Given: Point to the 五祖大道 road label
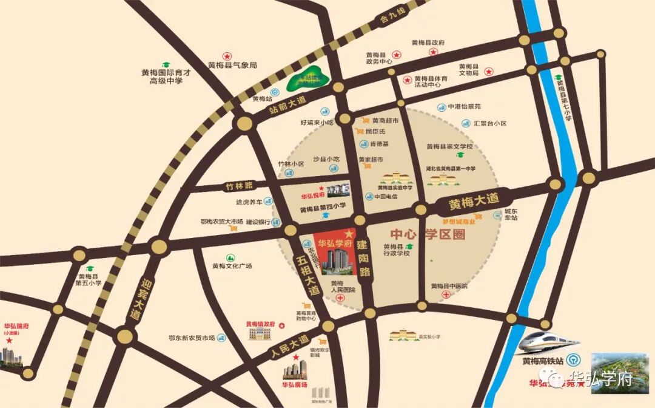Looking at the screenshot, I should point(307,274).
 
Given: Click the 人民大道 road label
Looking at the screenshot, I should point(289,346).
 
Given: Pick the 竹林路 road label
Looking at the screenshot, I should point(238,185).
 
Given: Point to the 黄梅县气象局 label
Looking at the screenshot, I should point(233,65).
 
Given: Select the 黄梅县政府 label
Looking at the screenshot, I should point(428,42).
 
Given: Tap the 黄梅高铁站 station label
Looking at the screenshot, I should point(544,362).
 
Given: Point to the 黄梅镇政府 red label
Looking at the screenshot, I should point(261,324).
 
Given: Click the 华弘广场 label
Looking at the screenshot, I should point(295,384).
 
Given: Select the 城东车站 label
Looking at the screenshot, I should point(511,214).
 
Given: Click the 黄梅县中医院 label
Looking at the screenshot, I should point(449,285).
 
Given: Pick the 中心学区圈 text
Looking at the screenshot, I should point(428,234).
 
